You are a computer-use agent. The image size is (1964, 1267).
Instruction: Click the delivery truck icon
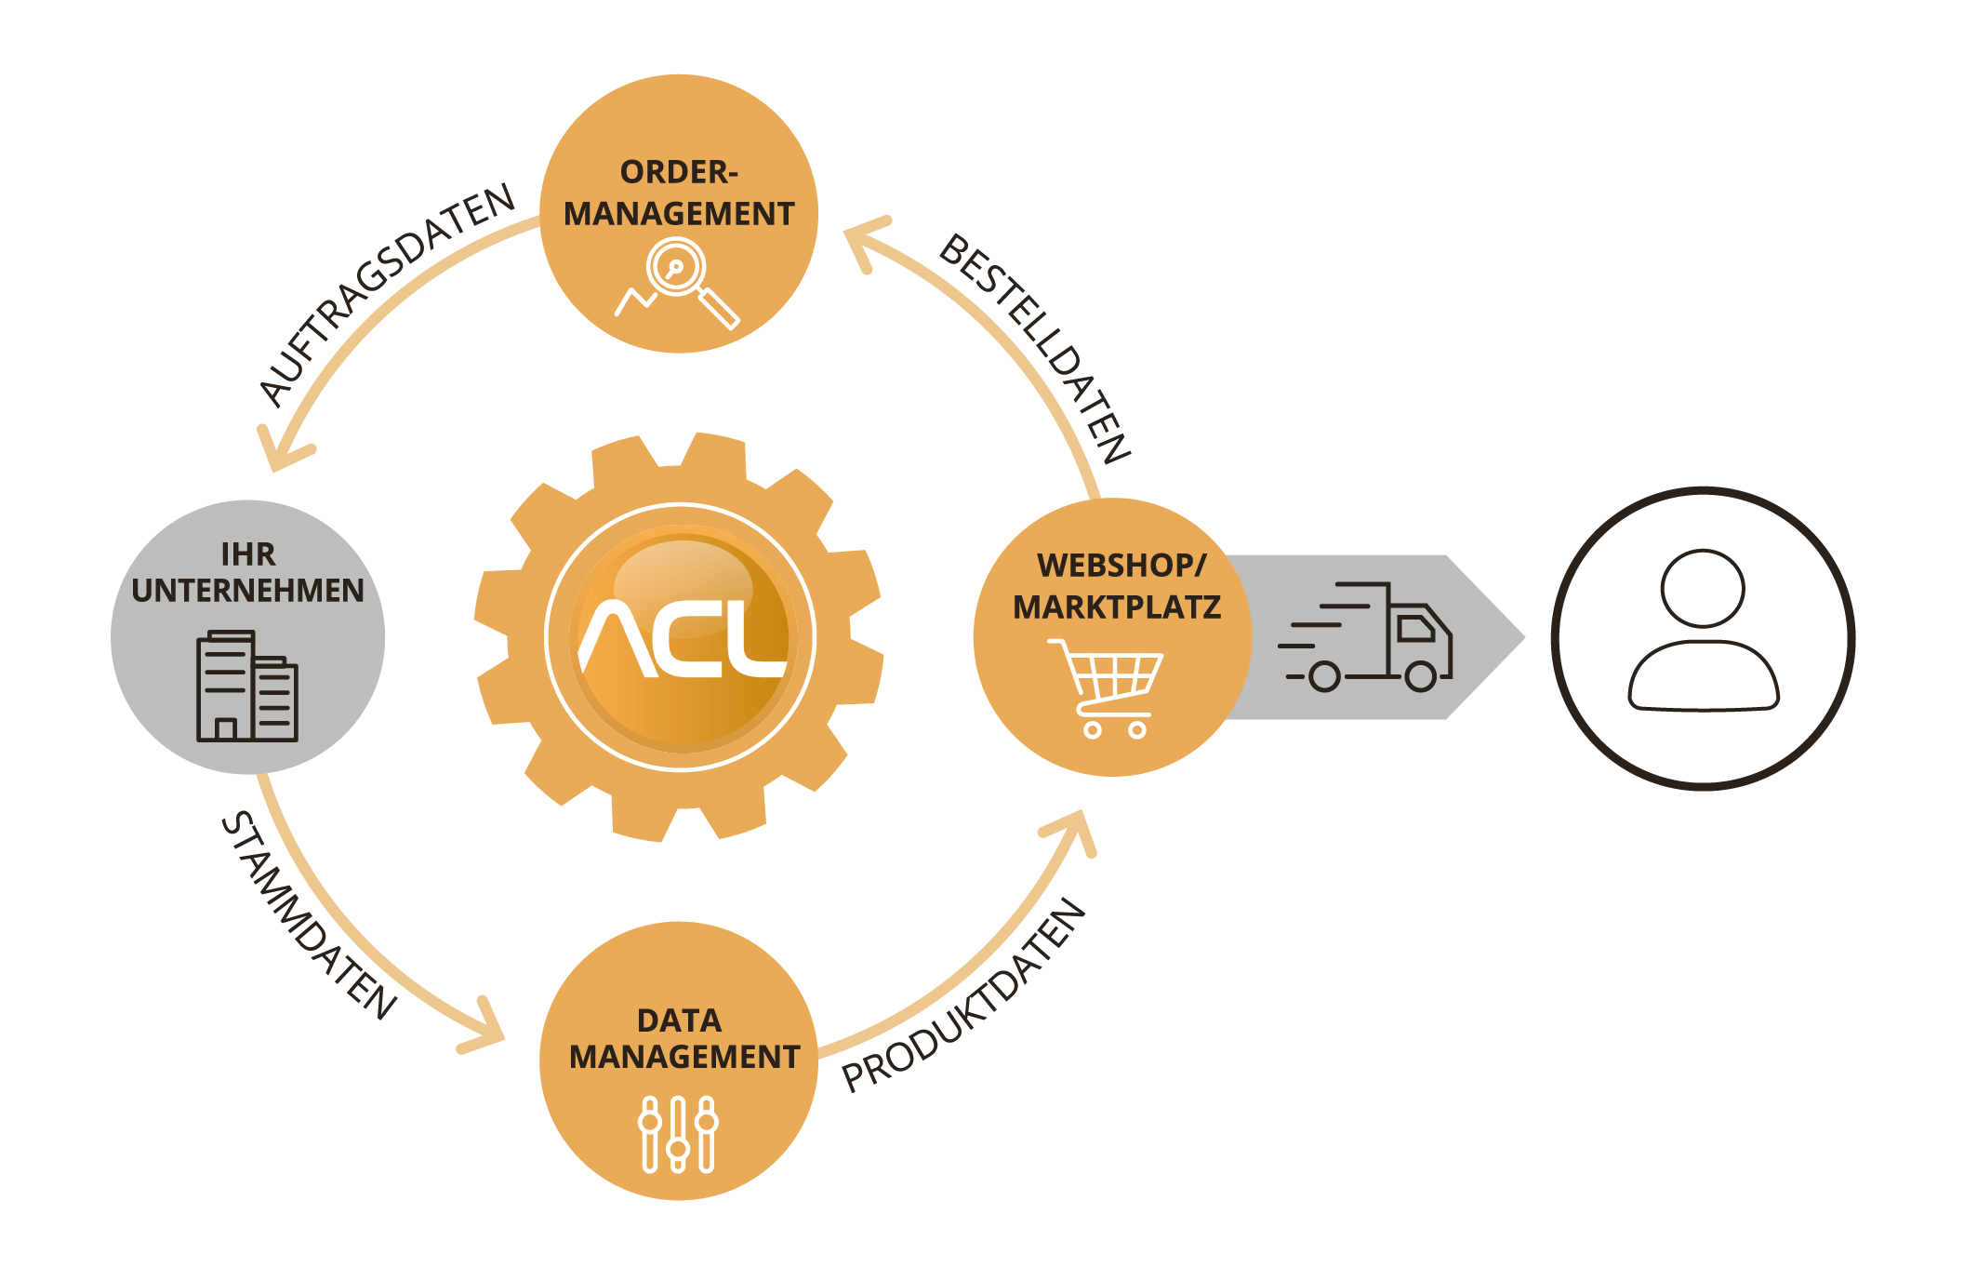coord(1367,638)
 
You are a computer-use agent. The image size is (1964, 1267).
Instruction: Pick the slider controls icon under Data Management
coord(678,1134)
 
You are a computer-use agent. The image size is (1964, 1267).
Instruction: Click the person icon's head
coord(1703,588)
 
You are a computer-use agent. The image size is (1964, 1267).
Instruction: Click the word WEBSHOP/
coord(1121,566)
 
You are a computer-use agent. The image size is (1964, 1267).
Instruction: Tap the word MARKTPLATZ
coord(1116,607)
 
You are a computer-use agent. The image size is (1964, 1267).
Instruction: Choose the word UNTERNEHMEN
coord(247,591)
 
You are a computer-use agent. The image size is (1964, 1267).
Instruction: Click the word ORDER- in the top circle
coord(679,172)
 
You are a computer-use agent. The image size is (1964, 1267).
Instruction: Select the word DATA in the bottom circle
coord(679,1020)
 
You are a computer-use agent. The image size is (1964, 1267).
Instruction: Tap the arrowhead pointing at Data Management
coord(487,1029)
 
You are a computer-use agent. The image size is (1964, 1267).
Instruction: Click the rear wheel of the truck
coord(1324,676)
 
